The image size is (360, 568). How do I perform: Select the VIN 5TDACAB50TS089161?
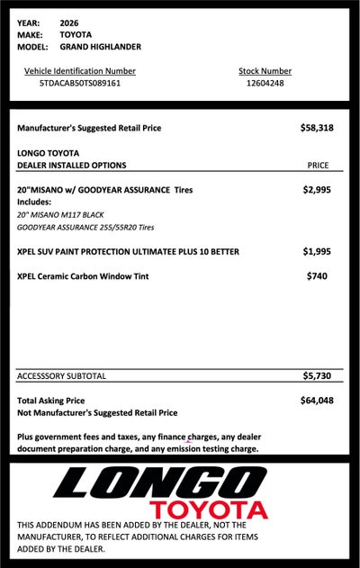[x=79, y=83]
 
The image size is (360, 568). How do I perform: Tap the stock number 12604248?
[x=265, y=83]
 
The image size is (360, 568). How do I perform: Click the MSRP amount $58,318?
[x=317, y=129]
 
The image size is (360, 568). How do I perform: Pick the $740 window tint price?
[x=317, y=275]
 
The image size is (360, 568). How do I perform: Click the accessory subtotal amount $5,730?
[x=318, y=375]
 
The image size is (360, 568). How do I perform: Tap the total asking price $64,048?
[x=317, y=400]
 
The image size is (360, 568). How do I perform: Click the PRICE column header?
[x=318, y=166]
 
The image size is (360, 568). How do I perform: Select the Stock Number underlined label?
[x=265, y=70]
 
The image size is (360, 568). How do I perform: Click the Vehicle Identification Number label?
[x=79, y=70]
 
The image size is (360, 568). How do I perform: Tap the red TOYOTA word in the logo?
[x=209, y=509]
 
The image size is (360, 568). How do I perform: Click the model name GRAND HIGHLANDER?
[x=100, y=46]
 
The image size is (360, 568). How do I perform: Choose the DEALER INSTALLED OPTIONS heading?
[x=72, y=166]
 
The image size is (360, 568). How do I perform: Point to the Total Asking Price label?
[x=51, y=401]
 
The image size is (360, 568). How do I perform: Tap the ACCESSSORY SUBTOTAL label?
[x=62, y=375]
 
